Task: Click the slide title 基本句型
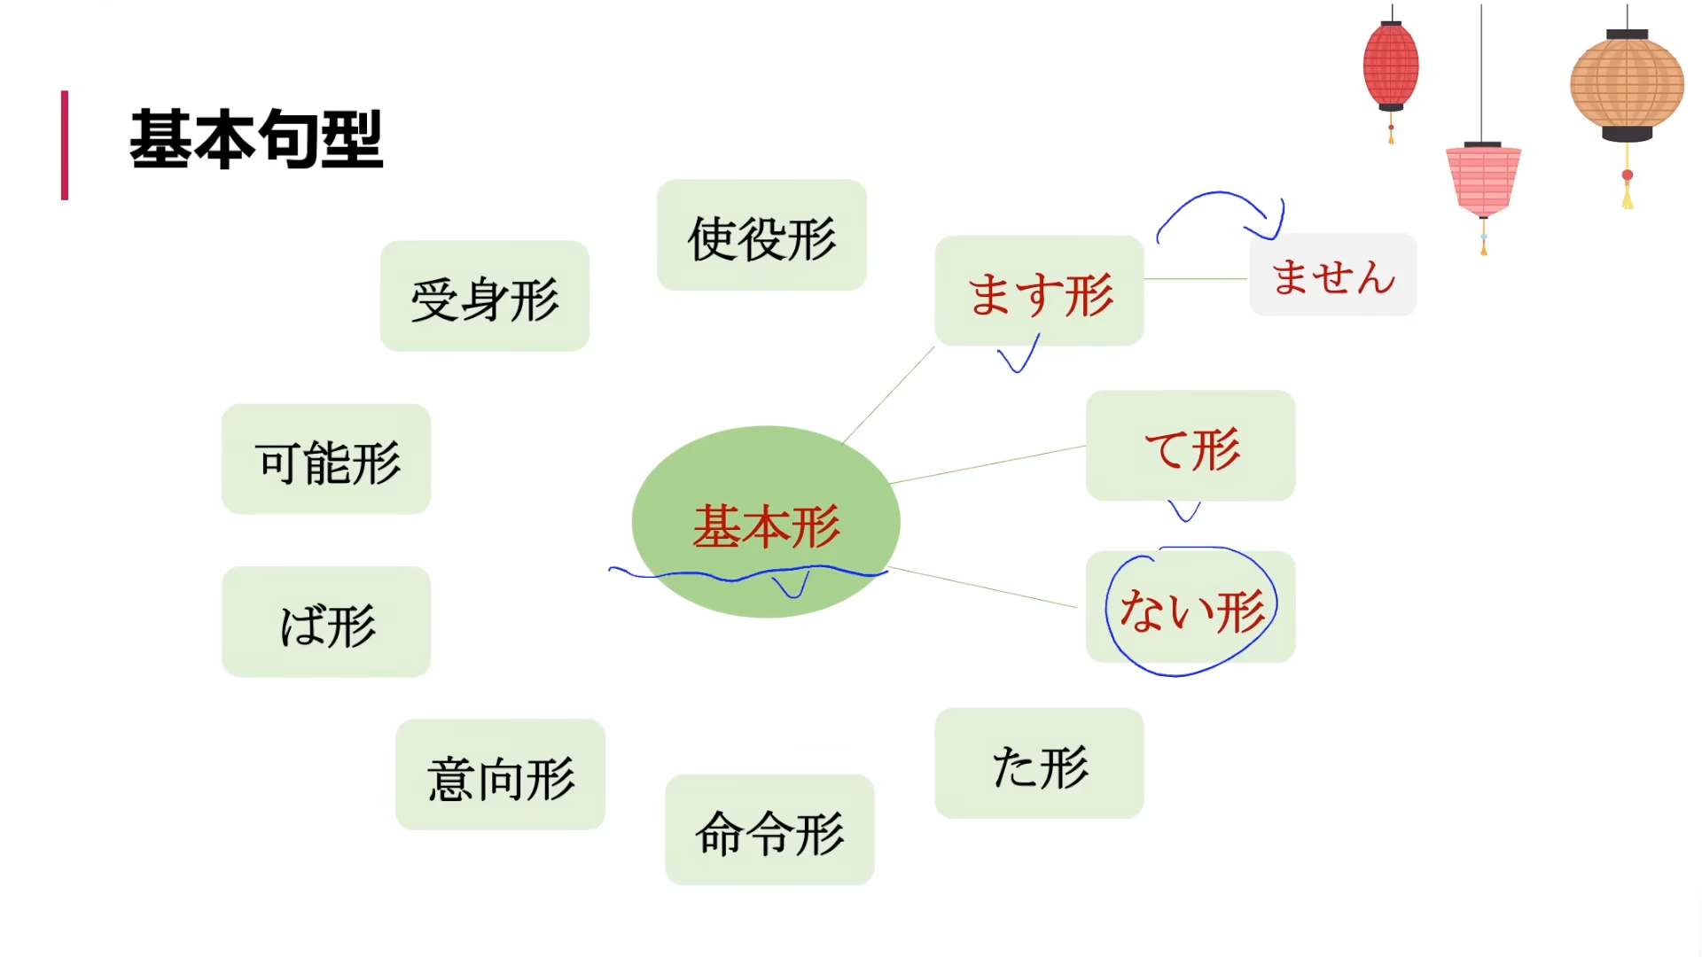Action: point(256,140)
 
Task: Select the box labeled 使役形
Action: point(761,236)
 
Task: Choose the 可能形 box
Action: point(326,459)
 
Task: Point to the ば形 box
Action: point(326,622)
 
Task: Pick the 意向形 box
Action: point(500,774)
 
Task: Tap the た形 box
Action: point(1039,763)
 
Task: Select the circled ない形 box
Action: point(1191,608)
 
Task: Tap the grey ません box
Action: point(1332,275)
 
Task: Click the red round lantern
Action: point(1391,66)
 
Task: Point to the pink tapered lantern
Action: point(1483,180)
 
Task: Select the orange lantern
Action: point(1627,85)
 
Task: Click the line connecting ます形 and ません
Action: point(1196,279)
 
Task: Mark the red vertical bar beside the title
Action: point(65,145)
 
